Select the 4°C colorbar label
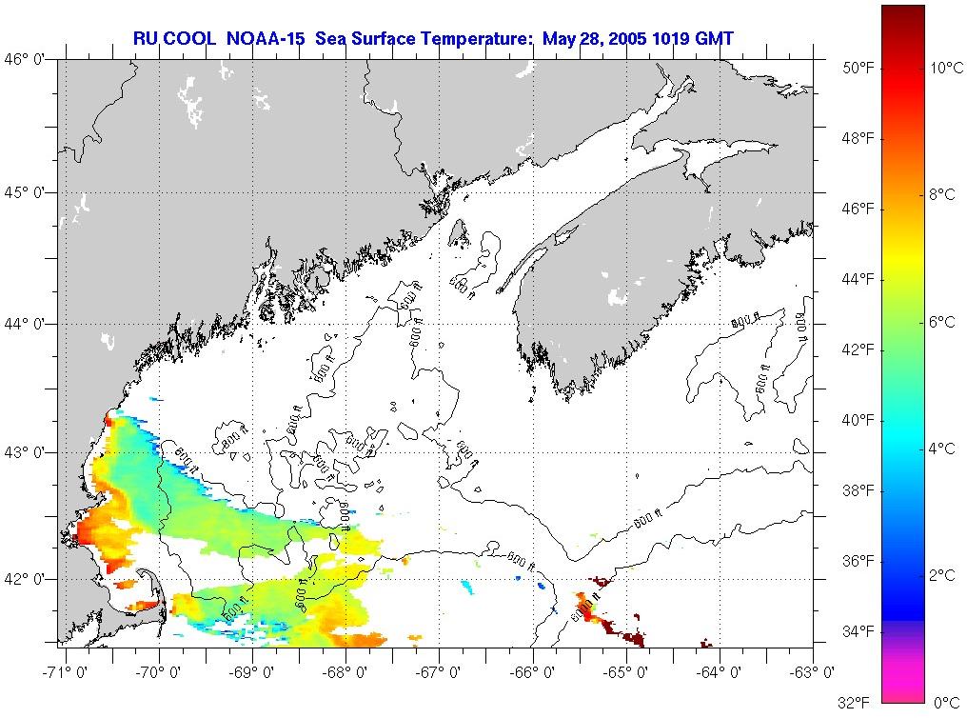click(x=942, y=449)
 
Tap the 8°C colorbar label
click(x=942, y=194)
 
